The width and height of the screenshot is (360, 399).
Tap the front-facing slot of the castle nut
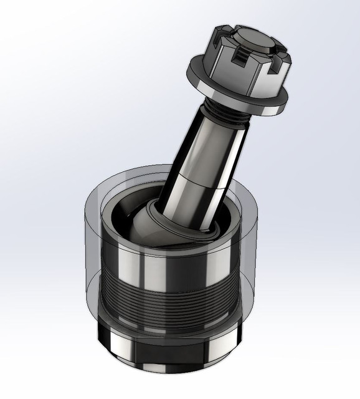pyautogui.click(x=239, y=60)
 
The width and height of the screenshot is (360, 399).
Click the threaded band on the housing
pyautogui.click(x=168, y=299)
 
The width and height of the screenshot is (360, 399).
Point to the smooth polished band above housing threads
pyautogui.click(x=168, y=262)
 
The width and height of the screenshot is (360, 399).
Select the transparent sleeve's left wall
pyautogui.click(x=90, y=262)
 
